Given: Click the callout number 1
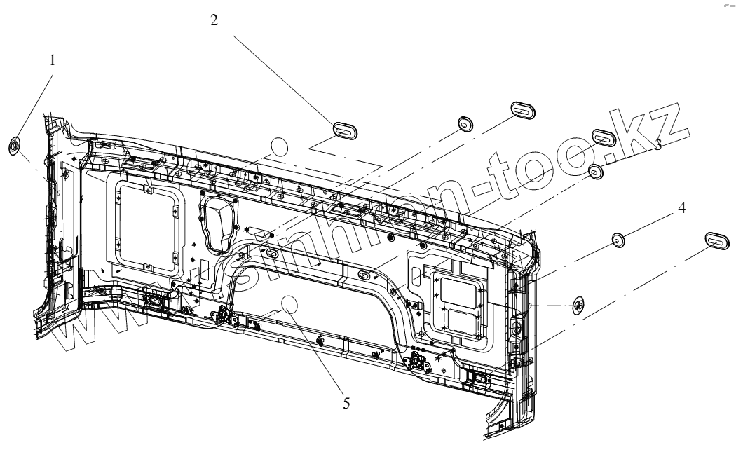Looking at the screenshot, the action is pyautogui.click(x=52, y=61).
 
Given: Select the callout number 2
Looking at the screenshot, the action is pyautogui.click(x=214, y=20).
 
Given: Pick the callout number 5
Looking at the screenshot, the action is pyautogui.click(x=346, y=403).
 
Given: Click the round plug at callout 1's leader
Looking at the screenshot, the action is pyautogui.click(x=14, y=146).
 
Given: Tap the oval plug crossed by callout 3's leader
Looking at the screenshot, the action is pyautogui.click(x=603, y=136).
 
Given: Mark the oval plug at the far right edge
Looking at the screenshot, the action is pyautogui.click(x=716, y=238).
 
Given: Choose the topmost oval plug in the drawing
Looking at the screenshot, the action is pyautogui.click(x=522, y=110).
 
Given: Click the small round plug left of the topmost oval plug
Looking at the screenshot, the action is pyautogui.click(x=465, y=124).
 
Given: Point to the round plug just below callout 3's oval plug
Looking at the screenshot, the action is pyautogui.click(x=596, y=172).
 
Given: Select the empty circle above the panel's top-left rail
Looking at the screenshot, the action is pyautogui.click(x=280, y=147).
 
